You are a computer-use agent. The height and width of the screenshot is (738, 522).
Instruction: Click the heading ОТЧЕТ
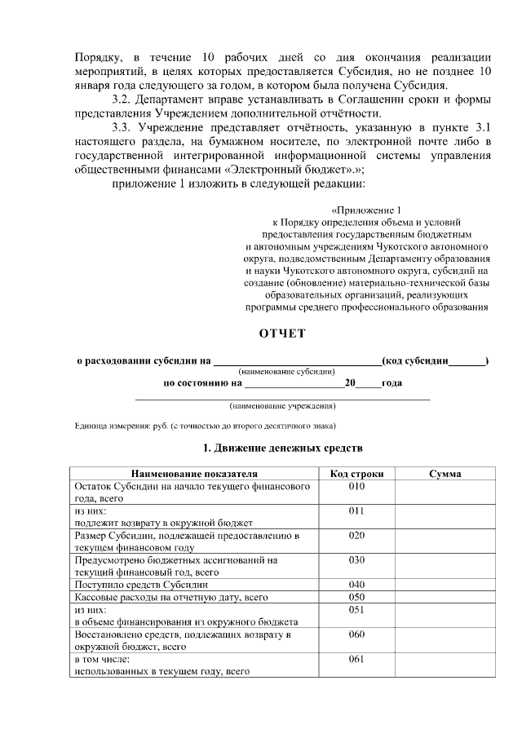point(282,334)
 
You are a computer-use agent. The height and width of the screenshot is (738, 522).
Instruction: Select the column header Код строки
point(356,474)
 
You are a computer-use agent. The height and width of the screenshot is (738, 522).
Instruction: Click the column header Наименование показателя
point(193,474)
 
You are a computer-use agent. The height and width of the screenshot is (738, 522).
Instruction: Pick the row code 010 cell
point(356,486)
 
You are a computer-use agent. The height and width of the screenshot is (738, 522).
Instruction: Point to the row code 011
point(356,510)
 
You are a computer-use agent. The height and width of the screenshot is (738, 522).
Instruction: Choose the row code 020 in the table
point(356,536)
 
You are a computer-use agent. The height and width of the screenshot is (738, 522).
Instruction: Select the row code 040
point(356,585)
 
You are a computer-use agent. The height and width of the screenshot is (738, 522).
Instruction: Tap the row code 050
point(356,598)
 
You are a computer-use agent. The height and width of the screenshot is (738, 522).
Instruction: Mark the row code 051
point(356,609)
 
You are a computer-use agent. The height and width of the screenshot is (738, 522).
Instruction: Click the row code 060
point(356,634)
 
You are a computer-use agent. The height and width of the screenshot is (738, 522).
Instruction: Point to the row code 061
point(356,659)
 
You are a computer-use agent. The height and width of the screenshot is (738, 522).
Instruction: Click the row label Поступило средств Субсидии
point(141,585)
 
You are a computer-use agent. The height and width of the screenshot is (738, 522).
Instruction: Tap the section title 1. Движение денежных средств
point(282,449)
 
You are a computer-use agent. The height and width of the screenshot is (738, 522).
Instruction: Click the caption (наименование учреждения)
point(282,405)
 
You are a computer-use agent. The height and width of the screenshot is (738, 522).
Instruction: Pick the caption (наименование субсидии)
point(281,371)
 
